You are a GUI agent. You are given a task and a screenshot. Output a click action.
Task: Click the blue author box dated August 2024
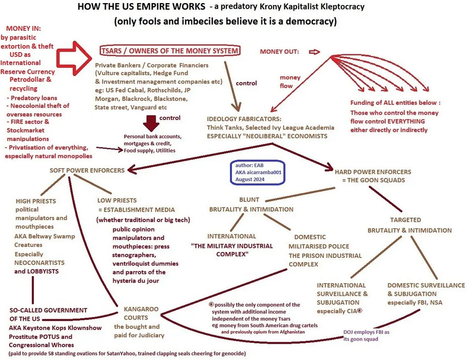point(258,173)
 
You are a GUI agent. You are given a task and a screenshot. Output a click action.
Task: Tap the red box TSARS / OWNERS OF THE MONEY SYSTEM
point(169,50)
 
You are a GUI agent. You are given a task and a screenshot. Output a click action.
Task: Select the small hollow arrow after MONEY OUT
point(315,52)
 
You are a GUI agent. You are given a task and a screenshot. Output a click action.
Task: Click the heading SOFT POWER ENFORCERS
point(86,170)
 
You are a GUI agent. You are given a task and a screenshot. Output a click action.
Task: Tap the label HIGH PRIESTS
point(36,200)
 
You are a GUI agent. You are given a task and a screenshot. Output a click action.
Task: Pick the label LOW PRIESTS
point(116,200)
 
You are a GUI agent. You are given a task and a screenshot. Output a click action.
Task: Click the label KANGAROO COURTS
point(134,313)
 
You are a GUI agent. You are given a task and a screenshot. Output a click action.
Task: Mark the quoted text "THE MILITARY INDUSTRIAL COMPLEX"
point(232,250)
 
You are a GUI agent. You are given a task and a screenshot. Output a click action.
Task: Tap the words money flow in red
point(290,81)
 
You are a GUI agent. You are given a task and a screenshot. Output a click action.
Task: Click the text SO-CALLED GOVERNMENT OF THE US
point(49,314)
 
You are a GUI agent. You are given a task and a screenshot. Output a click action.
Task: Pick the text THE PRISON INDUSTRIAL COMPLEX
point(325,260)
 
